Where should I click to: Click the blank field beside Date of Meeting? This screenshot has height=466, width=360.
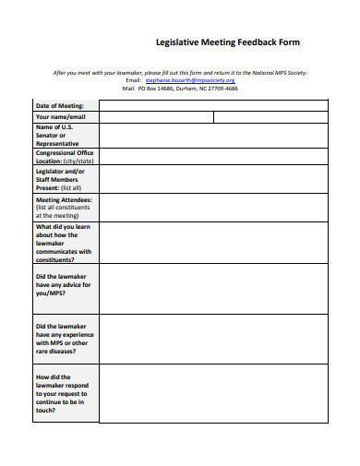[x=212, y=105]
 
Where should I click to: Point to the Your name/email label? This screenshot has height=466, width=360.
[x=61, y=117]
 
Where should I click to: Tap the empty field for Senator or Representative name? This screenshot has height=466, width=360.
[x=212, y=135]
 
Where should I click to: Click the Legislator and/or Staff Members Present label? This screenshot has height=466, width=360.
[x=61, y=179]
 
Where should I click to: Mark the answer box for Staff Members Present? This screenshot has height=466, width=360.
[x=212, y=179]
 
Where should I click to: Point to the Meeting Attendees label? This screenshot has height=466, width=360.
[x=63, y=207]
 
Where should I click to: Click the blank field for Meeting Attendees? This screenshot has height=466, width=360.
[x=212, y=207]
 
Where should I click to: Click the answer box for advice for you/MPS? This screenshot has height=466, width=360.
[x=212, y=288]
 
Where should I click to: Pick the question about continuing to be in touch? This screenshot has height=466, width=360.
[x=63, y=393]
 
